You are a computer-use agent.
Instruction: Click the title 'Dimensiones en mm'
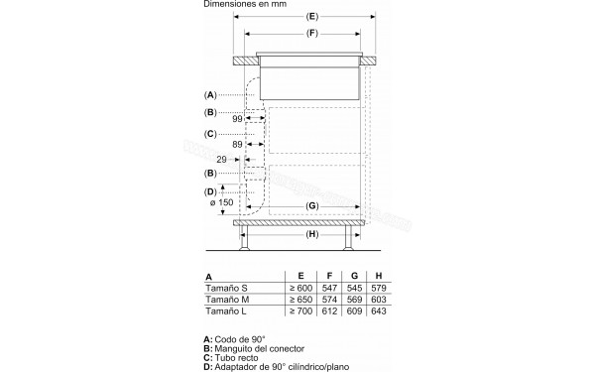[x=243, y=5]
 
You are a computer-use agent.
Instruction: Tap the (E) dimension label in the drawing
[x=311, y=17]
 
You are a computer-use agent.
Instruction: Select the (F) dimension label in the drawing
[x=311, y=36]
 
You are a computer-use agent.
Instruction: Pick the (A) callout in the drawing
[x=210, y=94]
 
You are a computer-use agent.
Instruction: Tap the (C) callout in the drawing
[x=210, y=133]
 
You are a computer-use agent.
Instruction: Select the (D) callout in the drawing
[x=210, y=190]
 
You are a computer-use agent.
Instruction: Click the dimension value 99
[x=236, y=119]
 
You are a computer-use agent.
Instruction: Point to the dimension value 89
[x=238, y=144]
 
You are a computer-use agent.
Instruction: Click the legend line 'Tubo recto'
[x=238, y=357]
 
